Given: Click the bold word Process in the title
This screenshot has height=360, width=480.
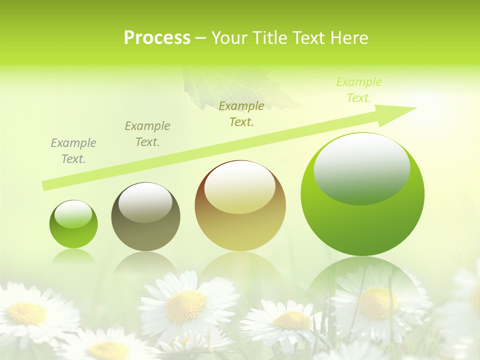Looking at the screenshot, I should (157, 38).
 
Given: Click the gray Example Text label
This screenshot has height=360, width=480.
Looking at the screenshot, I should (73, 151).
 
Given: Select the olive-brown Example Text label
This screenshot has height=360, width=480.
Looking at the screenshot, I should (147, 134).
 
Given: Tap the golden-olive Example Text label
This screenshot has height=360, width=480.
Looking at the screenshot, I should (241, 114).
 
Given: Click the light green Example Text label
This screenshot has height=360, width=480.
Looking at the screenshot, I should (358, 90).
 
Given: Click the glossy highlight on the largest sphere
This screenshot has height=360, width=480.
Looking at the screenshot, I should (362, 169).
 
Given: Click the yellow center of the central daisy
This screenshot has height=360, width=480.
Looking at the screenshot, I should (186, 306).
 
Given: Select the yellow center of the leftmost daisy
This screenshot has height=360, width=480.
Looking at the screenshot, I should (26, 313).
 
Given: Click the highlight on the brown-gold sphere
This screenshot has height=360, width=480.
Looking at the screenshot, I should (240, 188).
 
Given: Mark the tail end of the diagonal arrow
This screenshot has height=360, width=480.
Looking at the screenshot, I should (45, 185).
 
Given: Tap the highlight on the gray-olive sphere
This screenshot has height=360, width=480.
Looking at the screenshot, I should (145, 203).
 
